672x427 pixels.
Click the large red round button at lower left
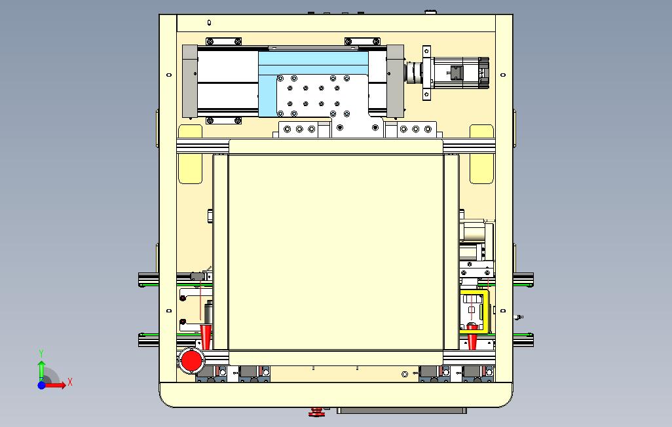point(191,361)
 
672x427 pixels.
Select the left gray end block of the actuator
point(190,81)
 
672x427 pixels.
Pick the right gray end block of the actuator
point(395,81)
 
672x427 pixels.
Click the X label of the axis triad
point(70,382)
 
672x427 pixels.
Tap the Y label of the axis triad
point(41,354)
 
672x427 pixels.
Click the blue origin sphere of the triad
point(41,385)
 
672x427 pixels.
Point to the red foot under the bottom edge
point(317,412)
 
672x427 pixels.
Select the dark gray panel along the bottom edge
point(402,411)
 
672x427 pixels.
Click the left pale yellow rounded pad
point(191,155)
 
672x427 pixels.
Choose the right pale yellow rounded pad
point(481,155)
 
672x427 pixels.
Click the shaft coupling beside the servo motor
point(415,73)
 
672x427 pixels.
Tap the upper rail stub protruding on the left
point(149,280)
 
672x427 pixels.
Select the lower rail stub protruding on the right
point(523,340)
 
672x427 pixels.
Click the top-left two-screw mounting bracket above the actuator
point(224,41)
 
